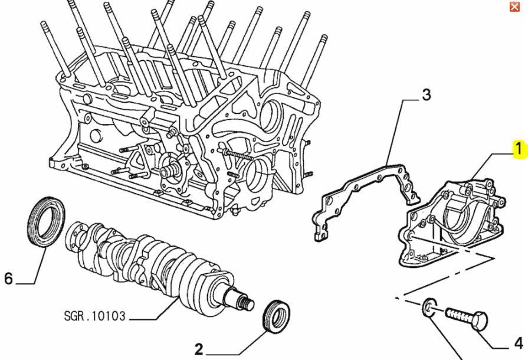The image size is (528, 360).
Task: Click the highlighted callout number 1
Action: (519, 149)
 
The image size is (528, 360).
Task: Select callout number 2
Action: (198, 349)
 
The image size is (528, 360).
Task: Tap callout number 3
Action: (426, 94)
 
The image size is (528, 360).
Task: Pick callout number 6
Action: (8, 278)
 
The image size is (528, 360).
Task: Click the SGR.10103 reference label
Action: (94, 316)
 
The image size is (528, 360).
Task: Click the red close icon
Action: (514, 6)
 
